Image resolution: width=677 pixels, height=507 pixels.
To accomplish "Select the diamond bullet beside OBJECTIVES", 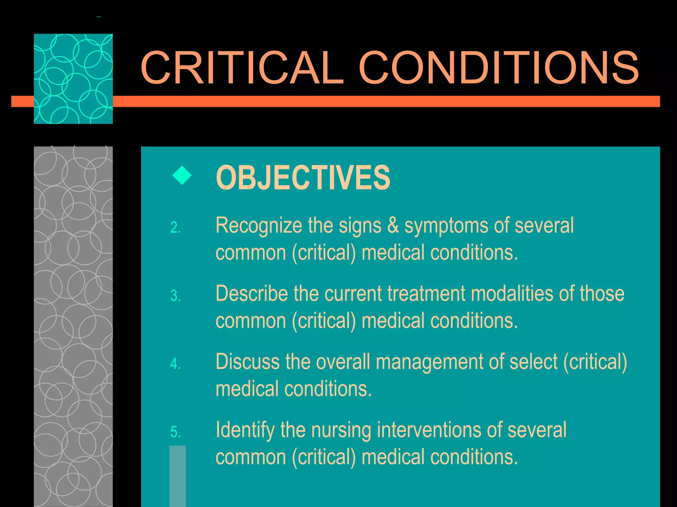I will coord(182,175).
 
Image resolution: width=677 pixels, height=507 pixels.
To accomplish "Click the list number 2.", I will coord(175,228).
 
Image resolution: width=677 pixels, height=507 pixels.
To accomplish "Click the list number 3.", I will coord(175,296).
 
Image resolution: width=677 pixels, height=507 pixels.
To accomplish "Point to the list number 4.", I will coord(175,364).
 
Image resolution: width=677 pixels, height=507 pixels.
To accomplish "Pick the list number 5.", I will coord(175,432).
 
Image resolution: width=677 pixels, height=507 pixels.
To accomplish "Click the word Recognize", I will coord(259,226).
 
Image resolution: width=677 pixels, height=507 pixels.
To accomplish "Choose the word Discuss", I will coord(248,362).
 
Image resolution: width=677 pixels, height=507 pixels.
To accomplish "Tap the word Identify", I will coord(245,430).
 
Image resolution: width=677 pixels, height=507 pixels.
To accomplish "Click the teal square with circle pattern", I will coord(73,79).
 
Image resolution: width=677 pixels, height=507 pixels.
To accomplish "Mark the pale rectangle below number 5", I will coord(177,476).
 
